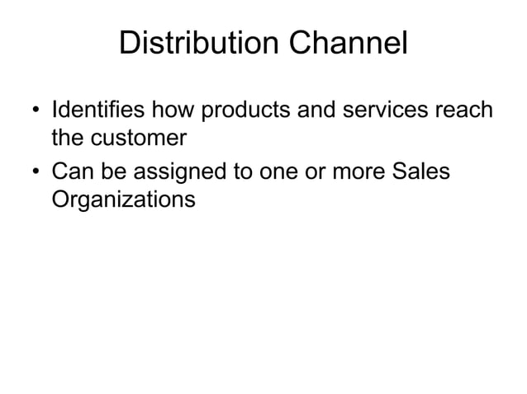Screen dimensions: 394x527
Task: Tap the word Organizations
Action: click(x=124, y=200)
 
